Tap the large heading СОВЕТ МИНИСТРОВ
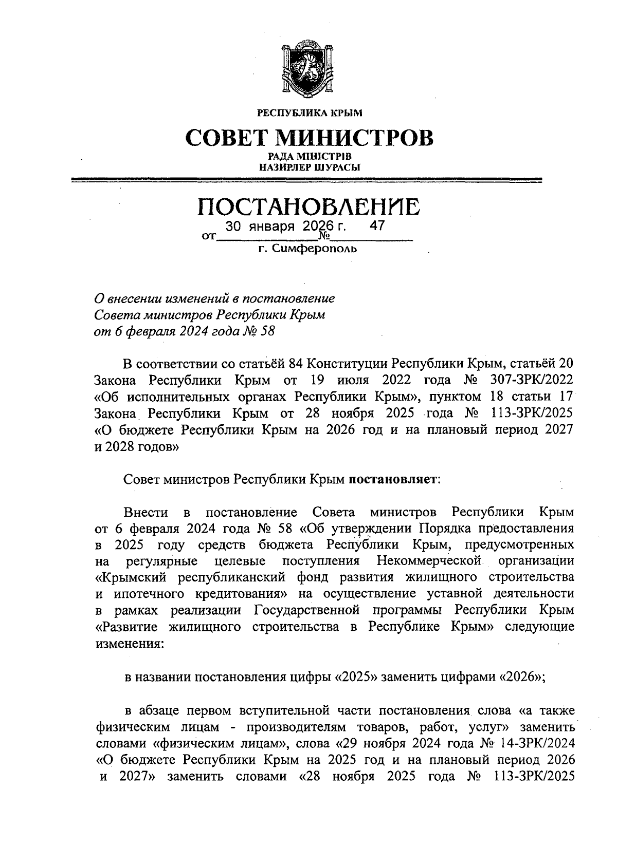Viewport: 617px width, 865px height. tap(308, 138)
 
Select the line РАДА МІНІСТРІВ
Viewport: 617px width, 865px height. tap(308, 156)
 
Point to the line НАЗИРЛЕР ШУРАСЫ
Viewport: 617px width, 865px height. tap(308, 167)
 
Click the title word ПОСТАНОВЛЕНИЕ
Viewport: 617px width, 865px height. tap(308, 207)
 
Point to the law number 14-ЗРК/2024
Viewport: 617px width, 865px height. tap(533, 743)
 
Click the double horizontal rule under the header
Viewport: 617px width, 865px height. tap(308, 180)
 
